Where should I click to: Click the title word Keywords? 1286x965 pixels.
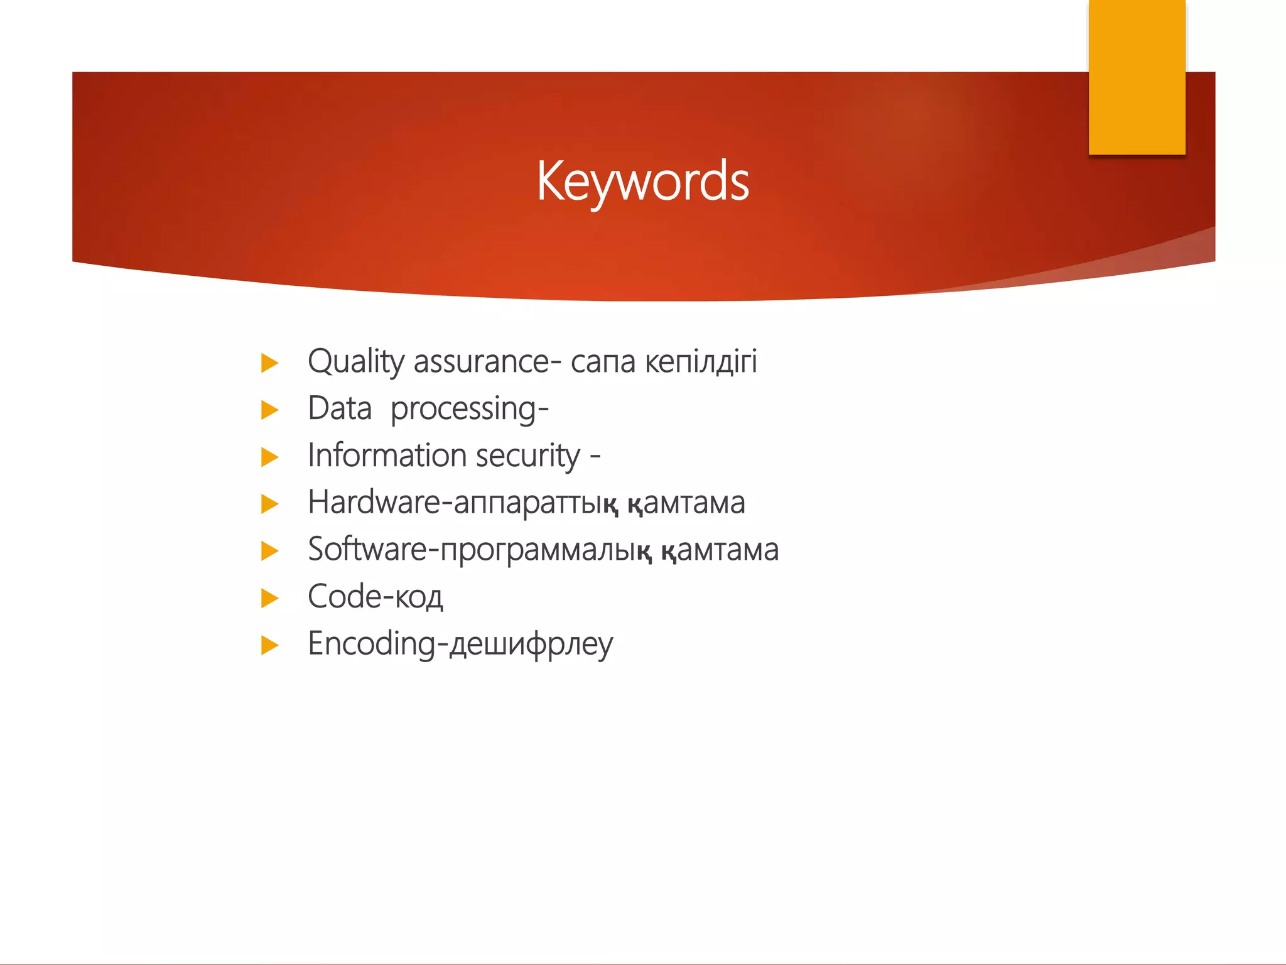point(642,181)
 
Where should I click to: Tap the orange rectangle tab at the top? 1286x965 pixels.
point(1137,77)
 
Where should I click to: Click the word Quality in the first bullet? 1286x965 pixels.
point(355,363)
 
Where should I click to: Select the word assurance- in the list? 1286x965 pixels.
point(487,363)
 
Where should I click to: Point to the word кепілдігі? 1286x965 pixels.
point(701,363)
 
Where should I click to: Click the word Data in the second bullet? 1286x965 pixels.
point(340,409)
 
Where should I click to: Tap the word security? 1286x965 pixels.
point(527,457)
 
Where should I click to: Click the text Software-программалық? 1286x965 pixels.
point(480,550)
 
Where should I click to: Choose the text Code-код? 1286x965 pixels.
point(375,597)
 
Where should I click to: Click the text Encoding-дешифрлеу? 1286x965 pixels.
point(460,645)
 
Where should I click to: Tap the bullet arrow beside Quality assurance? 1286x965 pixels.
point(269,363)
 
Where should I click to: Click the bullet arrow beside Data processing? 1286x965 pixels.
point(269,410)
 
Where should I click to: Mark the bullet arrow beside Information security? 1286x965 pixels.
point(269,457)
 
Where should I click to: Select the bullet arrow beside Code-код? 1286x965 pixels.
point(269,598)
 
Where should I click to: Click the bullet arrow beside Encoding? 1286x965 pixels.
point(269,645)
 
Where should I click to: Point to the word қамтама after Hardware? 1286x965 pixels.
point(686,503)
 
